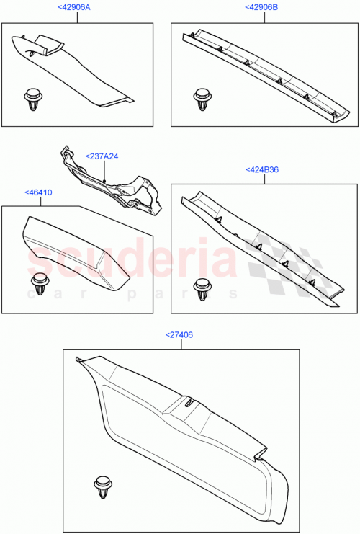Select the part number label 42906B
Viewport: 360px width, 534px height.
(262, 7)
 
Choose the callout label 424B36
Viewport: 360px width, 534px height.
(262, 170)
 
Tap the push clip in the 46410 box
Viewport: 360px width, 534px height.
(37, 282)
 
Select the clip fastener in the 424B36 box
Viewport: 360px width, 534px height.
(202, 286)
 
